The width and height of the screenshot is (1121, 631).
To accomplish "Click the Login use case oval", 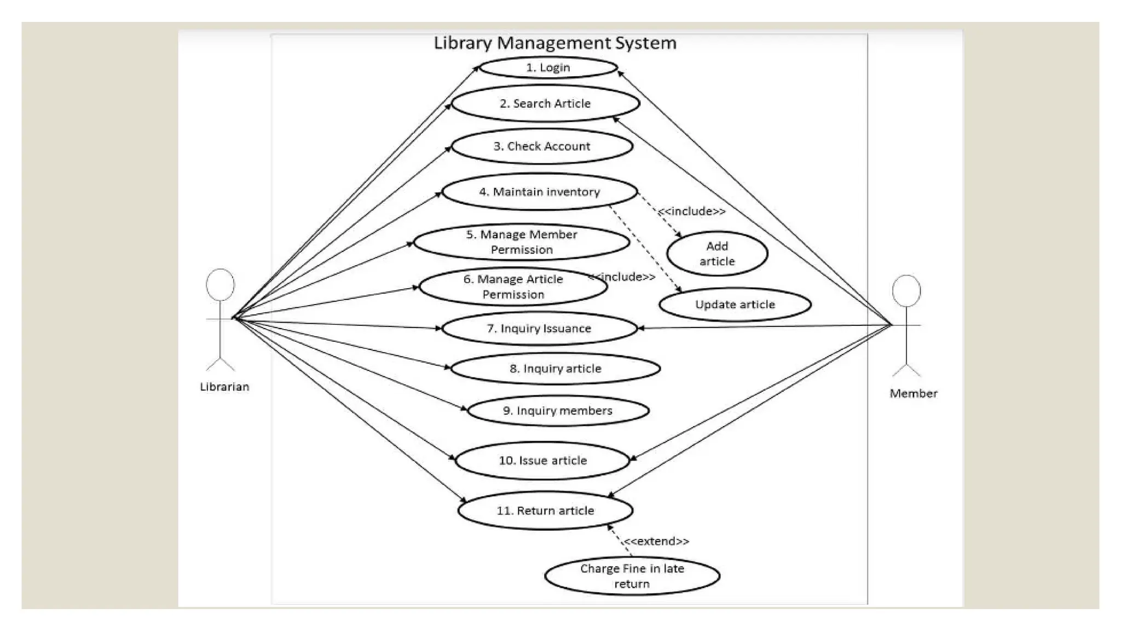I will click(x=548, y=67).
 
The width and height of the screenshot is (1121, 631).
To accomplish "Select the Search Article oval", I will click(x=545, y=104).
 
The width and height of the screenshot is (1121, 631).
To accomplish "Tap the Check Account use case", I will click(x=542, y=146).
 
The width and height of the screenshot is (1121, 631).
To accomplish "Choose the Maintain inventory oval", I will click(x=540, y=192).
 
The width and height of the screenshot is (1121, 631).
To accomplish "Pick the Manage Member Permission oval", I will click(x=522, y=242).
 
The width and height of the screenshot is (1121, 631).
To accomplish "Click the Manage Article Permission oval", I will click(x=513, y=286).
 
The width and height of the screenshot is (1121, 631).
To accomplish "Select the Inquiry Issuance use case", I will click(x=539, y=328).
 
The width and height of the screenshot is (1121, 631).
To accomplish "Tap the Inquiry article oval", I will click(x=555, y=369).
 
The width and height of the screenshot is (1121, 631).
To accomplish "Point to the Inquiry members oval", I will click(x=558, y=411).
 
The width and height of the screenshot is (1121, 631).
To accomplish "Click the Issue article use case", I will click(x=542, y=461).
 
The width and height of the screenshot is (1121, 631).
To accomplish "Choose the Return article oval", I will click(x=545, y=510).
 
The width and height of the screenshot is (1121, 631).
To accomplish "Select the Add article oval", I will click(x=717, y=254).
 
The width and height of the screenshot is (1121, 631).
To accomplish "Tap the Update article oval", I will click(x=735, y=305).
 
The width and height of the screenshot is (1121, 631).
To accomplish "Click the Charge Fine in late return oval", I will click(x=632, y=576).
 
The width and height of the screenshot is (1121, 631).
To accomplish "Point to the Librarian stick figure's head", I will click(x=220, y=284).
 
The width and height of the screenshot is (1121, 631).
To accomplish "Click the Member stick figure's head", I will click(x=906, y=291).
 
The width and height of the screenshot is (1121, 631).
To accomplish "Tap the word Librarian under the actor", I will click(x=224, y=387).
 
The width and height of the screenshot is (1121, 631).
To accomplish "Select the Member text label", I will click(x=913, y=393).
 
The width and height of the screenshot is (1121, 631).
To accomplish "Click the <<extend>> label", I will click(x=656, y=541).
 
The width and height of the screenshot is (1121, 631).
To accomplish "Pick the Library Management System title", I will click(x=555, y=43).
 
